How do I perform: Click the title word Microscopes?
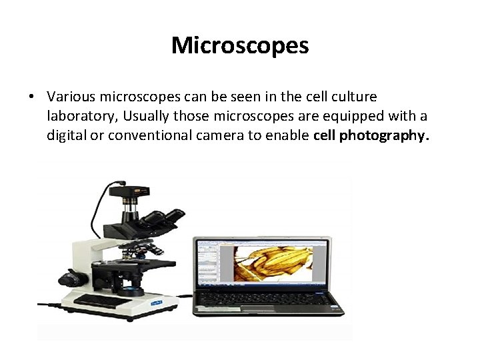point(240,46)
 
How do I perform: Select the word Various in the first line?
point(72,97)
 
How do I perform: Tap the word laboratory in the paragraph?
point(82,117)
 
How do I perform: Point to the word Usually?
point(147,117)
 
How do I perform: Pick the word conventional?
point(152,136)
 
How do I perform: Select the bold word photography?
point(385,136)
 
